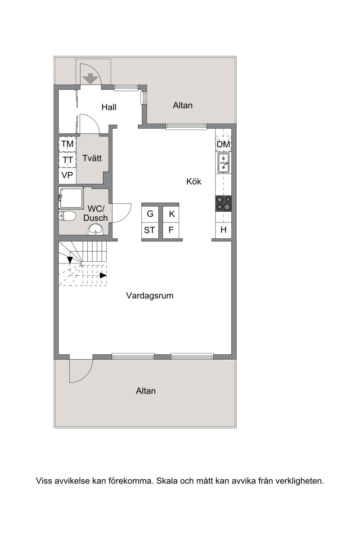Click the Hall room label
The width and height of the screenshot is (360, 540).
pyautogui.click(x=109, y=107)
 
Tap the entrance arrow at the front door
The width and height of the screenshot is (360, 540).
pyautogui.click(x=90, y=78)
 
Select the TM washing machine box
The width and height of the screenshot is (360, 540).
pyautogui.click(x=67, y=144)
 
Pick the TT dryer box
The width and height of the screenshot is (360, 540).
pyautogui.click(x=67, y=160)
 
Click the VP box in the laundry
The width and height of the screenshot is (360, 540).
pyautogui.click(x=67, y=175)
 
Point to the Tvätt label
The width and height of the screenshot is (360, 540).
pyautogui.click(x=92, y=158)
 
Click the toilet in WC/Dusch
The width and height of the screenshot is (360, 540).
pyautogui.click(x=67, y=216)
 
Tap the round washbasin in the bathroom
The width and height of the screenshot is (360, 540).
pyautogui.click(x=96, y=229)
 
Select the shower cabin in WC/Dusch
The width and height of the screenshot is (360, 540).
pyautogui.click(x=71, y=198)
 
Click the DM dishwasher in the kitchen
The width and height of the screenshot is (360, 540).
pyautogui.click(x=223, y=144)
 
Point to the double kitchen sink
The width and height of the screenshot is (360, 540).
pyautogui.click(x=224, y=163)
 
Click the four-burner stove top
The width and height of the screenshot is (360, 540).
pyautogui.click(x=224, y=204)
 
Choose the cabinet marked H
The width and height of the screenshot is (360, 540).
pyautogui.click(x=224, y=230)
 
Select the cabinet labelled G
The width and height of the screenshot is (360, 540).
pyautogui.click(x=150, y=214)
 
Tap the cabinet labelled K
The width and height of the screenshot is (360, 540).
pyautogui.click(x=171, y=214)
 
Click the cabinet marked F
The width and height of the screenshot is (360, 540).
pyautogui.click(x=171, y=230)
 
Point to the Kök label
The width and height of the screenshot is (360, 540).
pyautogui.click(x=194, y=181)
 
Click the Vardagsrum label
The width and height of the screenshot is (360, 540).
pyautogui.click(x=150, y=295)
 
